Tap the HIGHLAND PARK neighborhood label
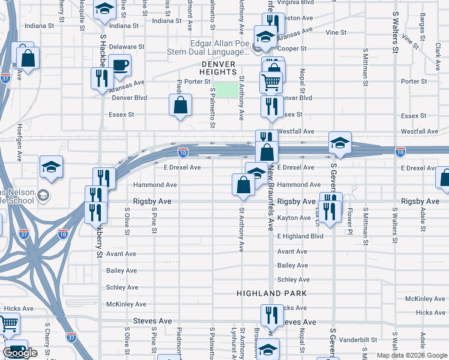coord(271,293)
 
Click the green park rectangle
coord(226,90)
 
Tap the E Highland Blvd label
coord(300,236)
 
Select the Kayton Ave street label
coord(294,218)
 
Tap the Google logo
coord(20,353)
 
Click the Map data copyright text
coord(411,355)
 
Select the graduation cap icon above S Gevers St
coord(340,142)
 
